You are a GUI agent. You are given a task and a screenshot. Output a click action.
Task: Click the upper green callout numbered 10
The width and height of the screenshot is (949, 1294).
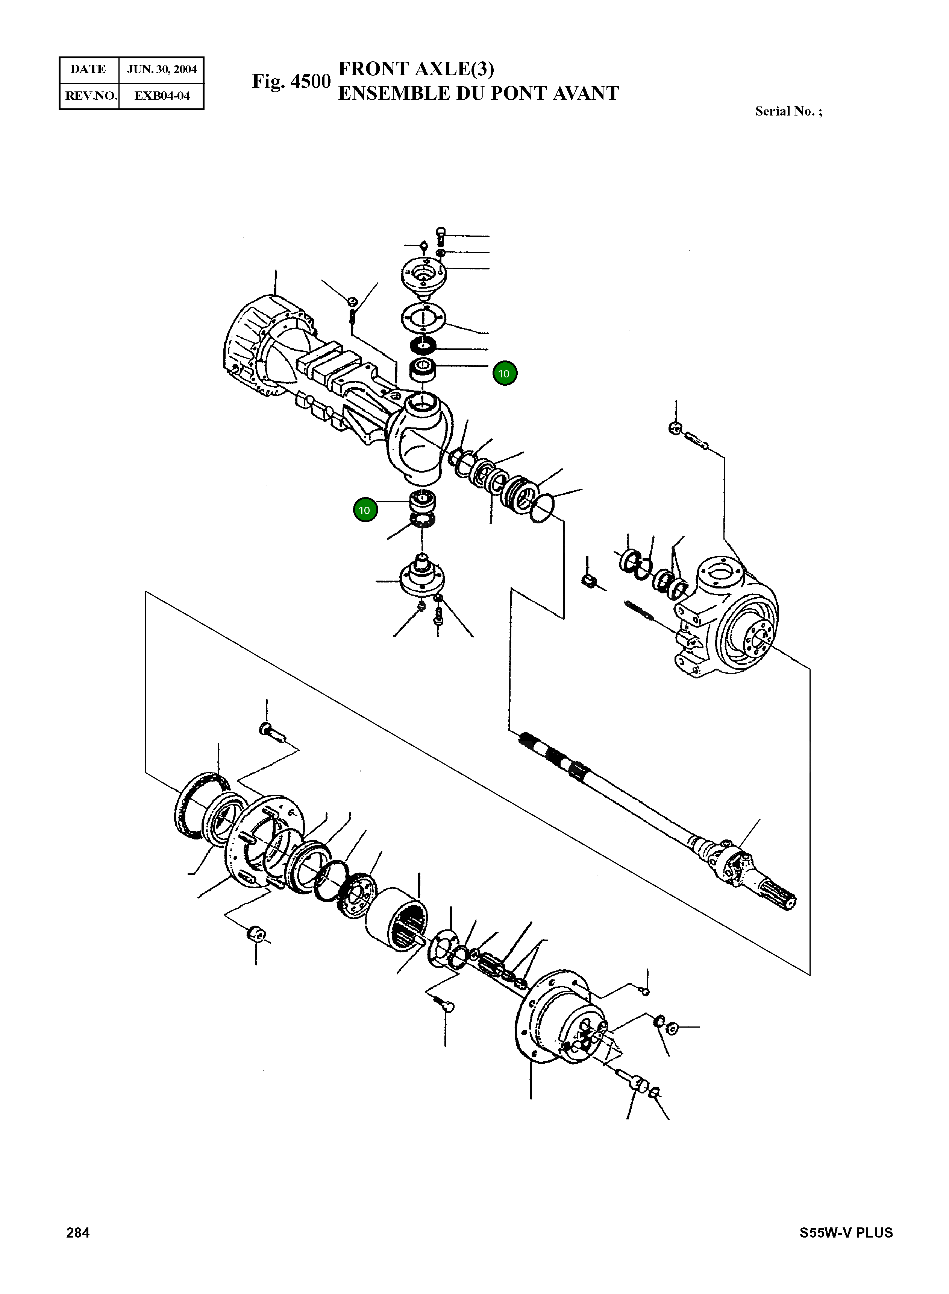point(504,374)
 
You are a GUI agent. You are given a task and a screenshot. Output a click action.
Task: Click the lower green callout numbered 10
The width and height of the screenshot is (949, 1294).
point(365,510)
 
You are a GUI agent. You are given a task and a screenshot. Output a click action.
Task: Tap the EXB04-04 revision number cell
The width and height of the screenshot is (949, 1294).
point(161,96)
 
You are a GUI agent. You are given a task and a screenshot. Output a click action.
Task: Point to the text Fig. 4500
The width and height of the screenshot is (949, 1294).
point(291,82)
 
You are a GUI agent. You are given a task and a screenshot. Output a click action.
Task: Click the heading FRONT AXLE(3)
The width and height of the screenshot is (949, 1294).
point(416,69)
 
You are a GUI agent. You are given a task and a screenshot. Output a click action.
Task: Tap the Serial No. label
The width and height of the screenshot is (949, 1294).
point(788,111)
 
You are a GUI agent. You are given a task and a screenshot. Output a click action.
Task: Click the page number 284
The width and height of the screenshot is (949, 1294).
point(78,1233)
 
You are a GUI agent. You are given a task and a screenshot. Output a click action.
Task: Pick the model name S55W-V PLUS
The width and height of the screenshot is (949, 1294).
point(846,1233)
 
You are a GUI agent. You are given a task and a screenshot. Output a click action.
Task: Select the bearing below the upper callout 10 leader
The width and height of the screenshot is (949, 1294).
point(423,369)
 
